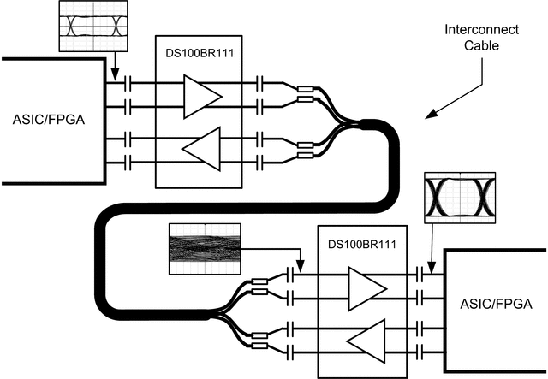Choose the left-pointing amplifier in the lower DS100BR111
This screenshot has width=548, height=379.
[x=363, y=341]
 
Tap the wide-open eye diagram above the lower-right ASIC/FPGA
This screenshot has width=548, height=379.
[x=460, y=197]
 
